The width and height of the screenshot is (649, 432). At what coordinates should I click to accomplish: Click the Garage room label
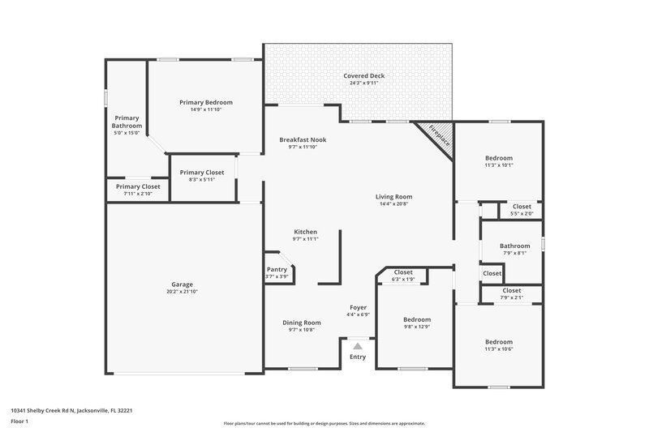click(x=182, y=284)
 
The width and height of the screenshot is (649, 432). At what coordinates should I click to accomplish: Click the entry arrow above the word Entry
click(x=357, y=345)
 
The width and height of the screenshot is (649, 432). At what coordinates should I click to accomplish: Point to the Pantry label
click(x=277, y=269)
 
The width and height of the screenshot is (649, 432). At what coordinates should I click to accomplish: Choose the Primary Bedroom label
click(x=206, y=102)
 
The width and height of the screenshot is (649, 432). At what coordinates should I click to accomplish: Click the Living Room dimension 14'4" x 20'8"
click(x=393, y=204)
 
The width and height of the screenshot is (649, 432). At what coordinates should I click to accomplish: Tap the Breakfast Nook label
click(x=303, y=139)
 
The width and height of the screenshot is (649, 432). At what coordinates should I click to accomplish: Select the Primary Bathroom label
click(x=127, y=122)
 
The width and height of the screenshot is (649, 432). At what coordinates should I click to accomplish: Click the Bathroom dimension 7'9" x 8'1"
click(x=514, y=253)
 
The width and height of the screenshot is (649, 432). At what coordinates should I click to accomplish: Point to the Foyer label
click(x=358, y=307)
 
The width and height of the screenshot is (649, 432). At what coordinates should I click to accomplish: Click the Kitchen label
click(x=305, y=232)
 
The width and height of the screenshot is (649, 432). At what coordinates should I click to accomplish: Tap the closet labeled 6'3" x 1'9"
click(x=403, y=276)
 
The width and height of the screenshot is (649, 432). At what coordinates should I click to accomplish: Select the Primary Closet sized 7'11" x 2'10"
click(x=137, y=190)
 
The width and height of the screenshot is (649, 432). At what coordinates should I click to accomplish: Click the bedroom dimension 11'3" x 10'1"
click(x=499, y=165)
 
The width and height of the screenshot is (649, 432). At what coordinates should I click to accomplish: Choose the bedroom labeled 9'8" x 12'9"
click(x=417, y=323)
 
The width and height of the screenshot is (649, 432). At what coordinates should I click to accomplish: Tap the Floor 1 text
click(x=20, y=422)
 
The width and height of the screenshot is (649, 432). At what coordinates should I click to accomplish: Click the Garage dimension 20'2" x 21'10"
click(x=182, y=292)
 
